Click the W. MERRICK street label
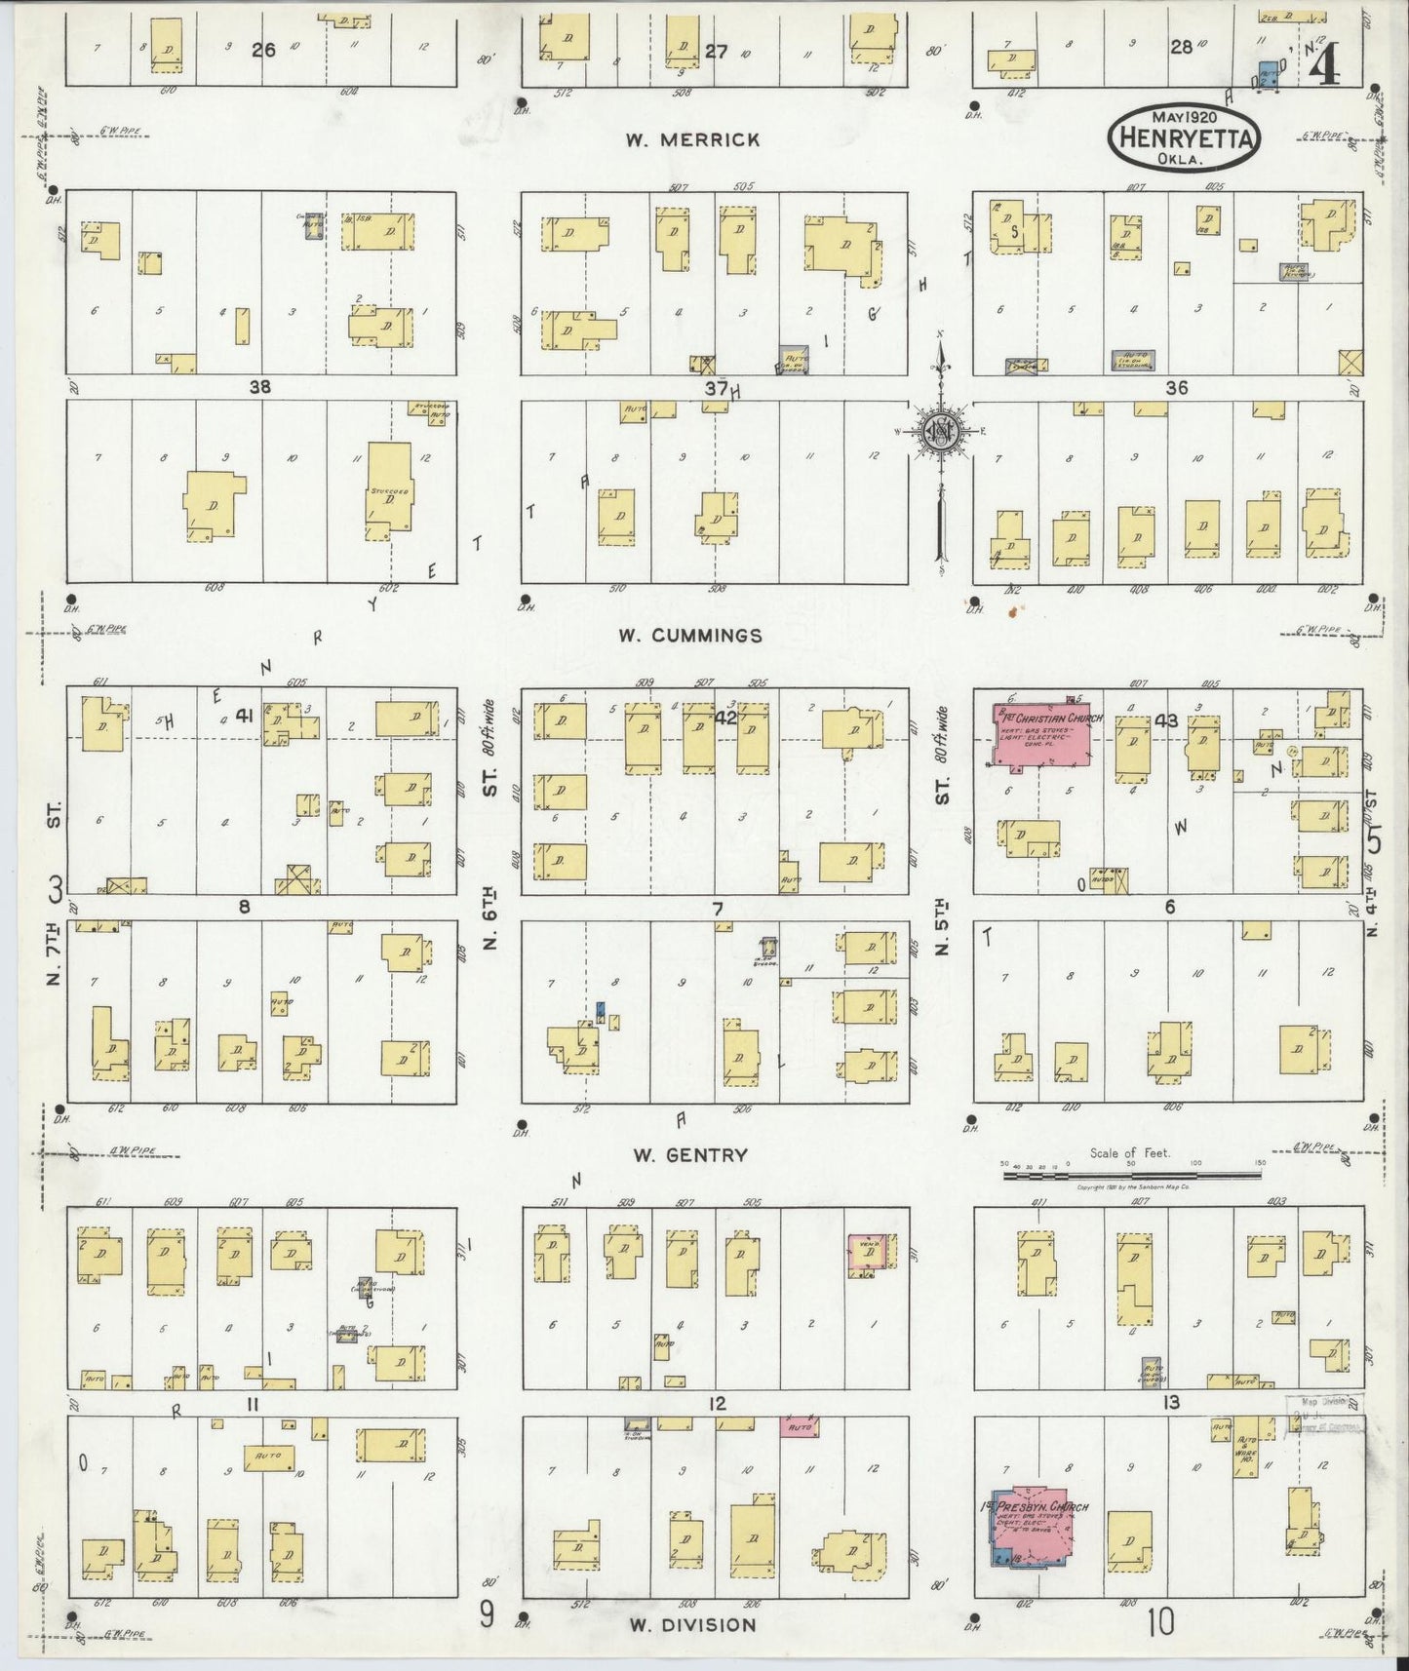click(692, 140)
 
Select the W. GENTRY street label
click(690, 1155)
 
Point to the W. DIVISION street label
click(691, 1624)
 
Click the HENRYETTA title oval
click(1183, 137)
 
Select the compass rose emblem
click(941, 434)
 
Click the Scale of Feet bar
click(1131, 1176)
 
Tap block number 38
click(259, 387)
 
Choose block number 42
click(725, 718)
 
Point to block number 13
click(1170, 1403)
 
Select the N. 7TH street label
click(56, 955)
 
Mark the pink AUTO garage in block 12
click(799, 1427)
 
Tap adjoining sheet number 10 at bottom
click(1160, 1623)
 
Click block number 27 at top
click(717, 52)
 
